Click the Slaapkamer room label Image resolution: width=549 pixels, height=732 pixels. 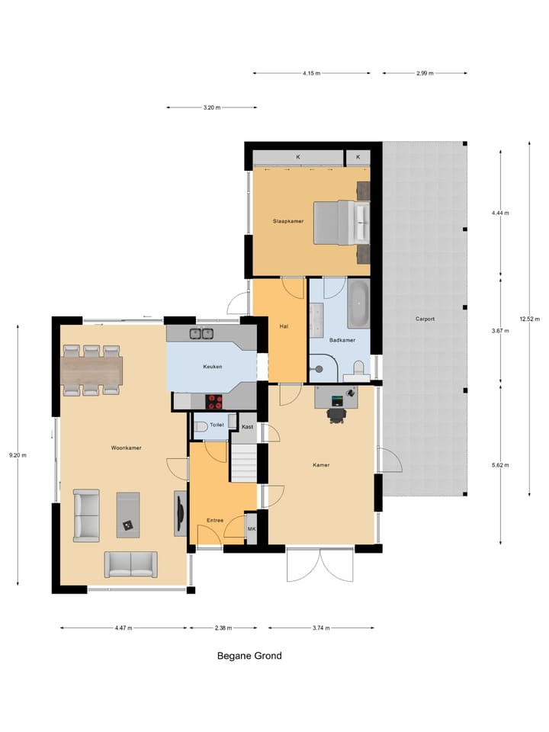[x=288, y=221]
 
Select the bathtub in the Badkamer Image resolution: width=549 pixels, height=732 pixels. [x=358, y=303]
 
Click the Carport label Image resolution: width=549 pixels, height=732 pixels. [x=425, y=319]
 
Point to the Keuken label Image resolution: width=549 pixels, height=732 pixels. [x=213, y=367]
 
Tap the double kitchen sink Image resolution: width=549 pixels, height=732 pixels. [x=201, y=333]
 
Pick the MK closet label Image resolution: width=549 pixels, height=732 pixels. [x=252, y=528]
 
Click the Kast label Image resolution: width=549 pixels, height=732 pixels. [x=247, y=427]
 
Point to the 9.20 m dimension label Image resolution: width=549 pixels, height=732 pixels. [x=17, y=455]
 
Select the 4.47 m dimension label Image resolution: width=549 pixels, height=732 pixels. [x=124, y=628]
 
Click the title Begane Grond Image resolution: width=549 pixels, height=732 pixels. [x=249, y=656]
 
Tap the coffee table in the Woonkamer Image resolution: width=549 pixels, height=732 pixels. [x=127, y=515]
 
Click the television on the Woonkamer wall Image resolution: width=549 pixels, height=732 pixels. [x=179, y=513]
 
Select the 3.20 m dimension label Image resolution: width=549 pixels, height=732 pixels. [x=212, y=108]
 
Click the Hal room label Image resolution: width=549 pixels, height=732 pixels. [x=284, y=326]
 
